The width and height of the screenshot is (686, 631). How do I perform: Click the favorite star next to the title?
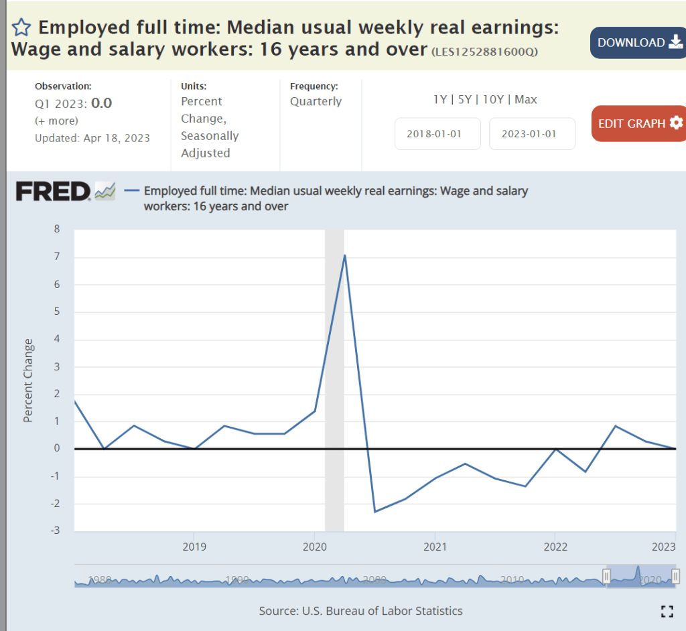(21, 27)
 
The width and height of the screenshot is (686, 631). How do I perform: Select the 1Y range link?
(440, 99)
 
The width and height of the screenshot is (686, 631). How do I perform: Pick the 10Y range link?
(492, 99)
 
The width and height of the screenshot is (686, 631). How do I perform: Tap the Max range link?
(526, 99)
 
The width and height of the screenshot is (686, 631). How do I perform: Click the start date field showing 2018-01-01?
(437, 133)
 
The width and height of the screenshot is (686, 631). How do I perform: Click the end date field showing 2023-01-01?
(532, 133)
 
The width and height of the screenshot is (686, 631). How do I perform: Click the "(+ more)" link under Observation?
(56, 121)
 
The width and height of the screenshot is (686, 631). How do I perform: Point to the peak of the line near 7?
(344, 255)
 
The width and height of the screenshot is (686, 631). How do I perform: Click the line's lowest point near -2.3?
(374, 512)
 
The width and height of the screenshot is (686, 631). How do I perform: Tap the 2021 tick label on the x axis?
(435, 546)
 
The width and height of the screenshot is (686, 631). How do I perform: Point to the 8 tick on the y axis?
(56, 229)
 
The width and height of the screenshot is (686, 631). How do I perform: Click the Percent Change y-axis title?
(28, 380)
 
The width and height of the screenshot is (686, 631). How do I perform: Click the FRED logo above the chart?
(53, 192)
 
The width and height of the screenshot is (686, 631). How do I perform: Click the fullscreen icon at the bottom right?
(667, 611)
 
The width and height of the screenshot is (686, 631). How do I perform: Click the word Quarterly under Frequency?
(316, 102)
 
